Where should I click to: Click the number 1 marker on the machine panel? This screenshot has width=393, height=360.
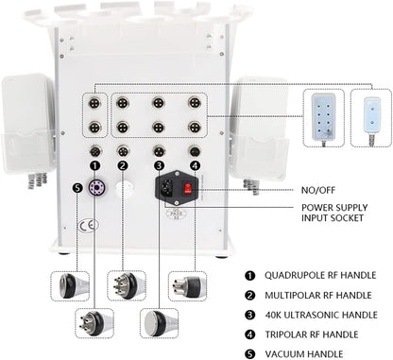click(x=94, y=165)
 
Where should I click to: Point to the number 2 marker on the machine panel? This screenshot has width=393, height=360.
click(x=122, y=165)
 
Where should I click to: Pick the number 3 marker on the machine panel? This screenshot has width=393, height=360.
click(x=161, y=165)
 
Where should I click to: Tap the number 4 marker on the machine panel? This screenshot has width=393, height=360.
click(x=195, y=165)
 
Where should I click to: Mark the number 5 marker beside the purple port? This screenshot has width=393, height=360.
click(x=77, y=185)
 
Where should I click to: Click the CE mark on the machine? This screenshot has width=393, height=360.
click(x=86, y=226)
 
